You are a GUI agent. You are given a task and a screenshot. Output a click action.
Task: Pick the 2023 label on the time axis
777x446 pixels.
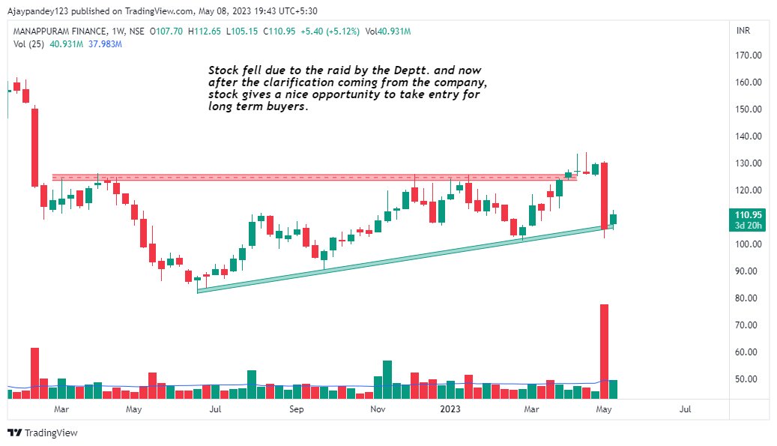coord(450,409)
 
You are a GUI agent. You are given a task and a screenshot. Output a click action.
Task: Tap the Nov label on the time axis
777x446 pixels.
coord(378,409)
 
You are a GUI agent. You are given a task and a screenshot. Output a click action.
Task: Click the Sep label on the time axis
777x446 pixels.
coord(297,409)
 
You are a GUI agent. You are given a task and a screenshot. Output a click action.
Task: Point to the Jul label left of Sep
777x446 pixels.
coord(215,409)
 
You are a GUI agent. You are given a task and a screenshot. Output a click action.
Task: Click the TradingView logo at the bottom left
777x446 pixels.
coord(43,433)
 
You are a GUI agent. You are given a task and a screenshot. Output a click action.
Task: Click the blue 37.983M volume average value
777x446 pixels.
coord(105,44)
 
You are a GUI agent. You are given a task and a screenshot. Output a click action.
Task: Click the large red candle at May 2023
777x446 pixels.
coord(604,195)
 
